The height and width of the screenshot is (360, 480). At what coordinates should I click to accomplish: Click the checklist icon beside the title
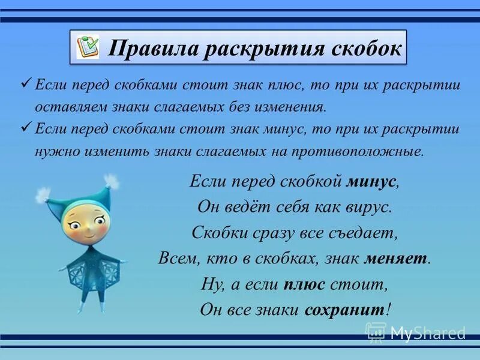(89, 47)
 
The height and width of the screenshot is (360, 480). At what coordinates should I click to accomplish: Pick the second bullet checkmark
(25, 127)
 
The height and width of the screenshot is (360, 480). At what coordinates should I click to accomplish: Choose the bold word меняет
(397, 258)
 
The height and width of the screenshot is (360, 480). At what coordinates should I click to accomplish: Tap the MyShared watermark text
(427, 332)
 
